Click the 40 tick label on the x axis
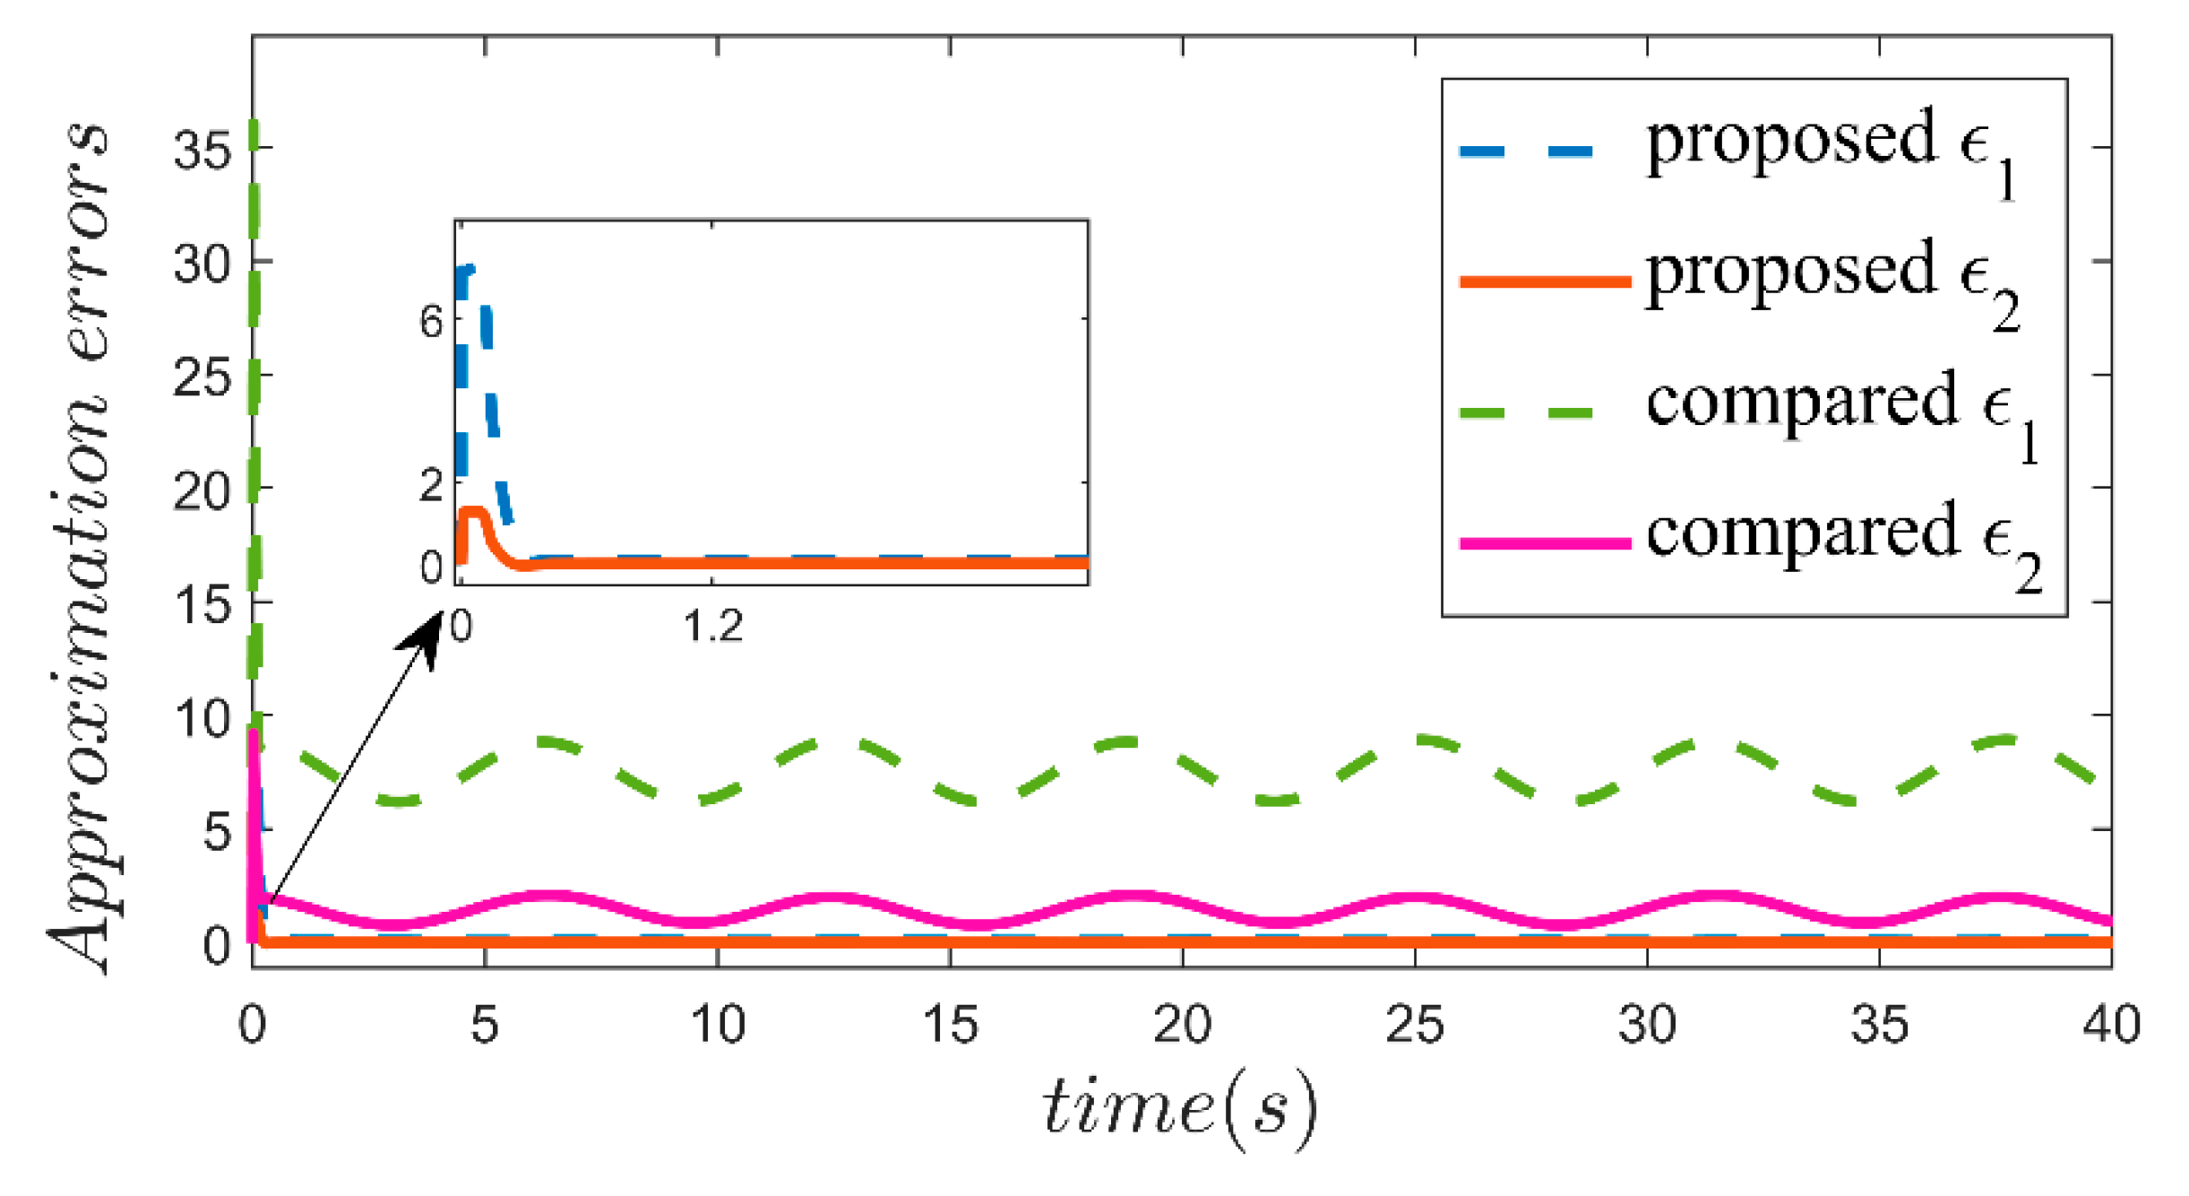(x=2111, y=1024)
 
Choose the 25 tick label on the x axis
(x=1414, y=1024)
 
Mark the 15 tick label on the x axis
(x=950, y=1024)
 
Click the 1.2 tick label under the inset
(x=713, y=626)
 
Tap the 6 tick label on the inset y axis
(x=431, y=321)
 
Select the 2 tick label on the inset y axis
(x=431, y=486)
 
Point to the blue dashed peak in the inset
(x=466, y=269)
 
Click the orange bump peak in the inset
(x=472, y=512)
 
